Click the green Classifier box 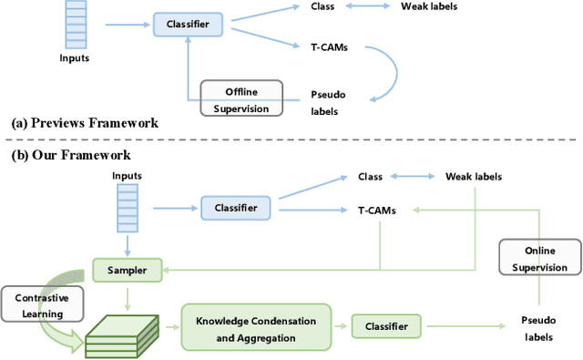[x=387, y=325]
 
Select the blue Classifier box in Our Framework [x=236, y=209]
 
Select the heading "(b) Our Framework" [x=71, y=155]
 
